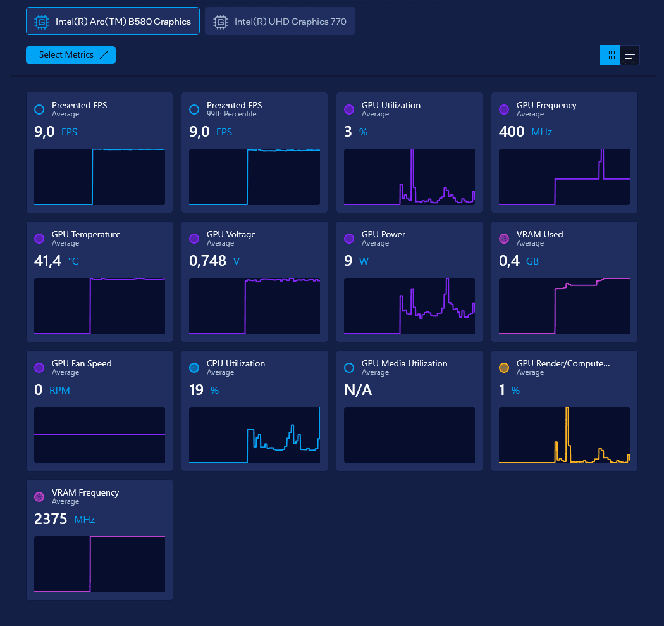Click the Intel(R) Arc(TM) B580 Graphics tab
(x=113, y=22)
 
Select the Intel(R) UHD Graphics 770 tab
(x=280, y=22)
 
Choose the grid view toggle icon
(x=610, y=55)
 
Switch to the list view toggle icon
(x=629, y=55)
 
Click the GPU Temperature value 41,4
(x=47, y=260)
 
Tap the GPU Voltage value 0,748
(x=207, y=260)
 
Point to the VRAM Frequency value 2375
(x=51, y=519)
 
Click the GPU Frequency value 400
(x=512, y=131)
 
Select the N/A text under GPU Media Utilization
(x=358, y=390)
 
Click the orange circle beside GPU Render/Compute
(x=504, y=368)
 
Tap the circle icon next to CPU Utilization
(x=194, y=368)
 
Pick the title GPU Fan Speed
(x=82, y=363)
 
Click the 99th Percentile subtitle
(x=231, y=114)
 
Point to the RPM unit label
(x=59, y=391)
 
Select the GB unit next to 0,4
(x=532, y=261)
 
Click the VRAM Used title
(x=539, y=234)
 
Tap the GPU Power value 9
(x=348, y=260)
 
